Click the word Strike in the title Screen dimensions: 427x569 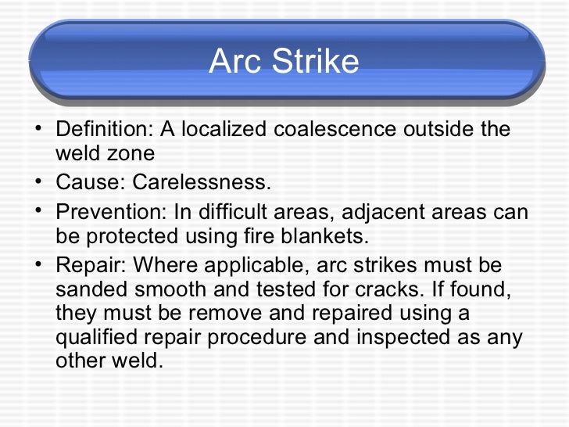pyautogui.click(x=319, y=63)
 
